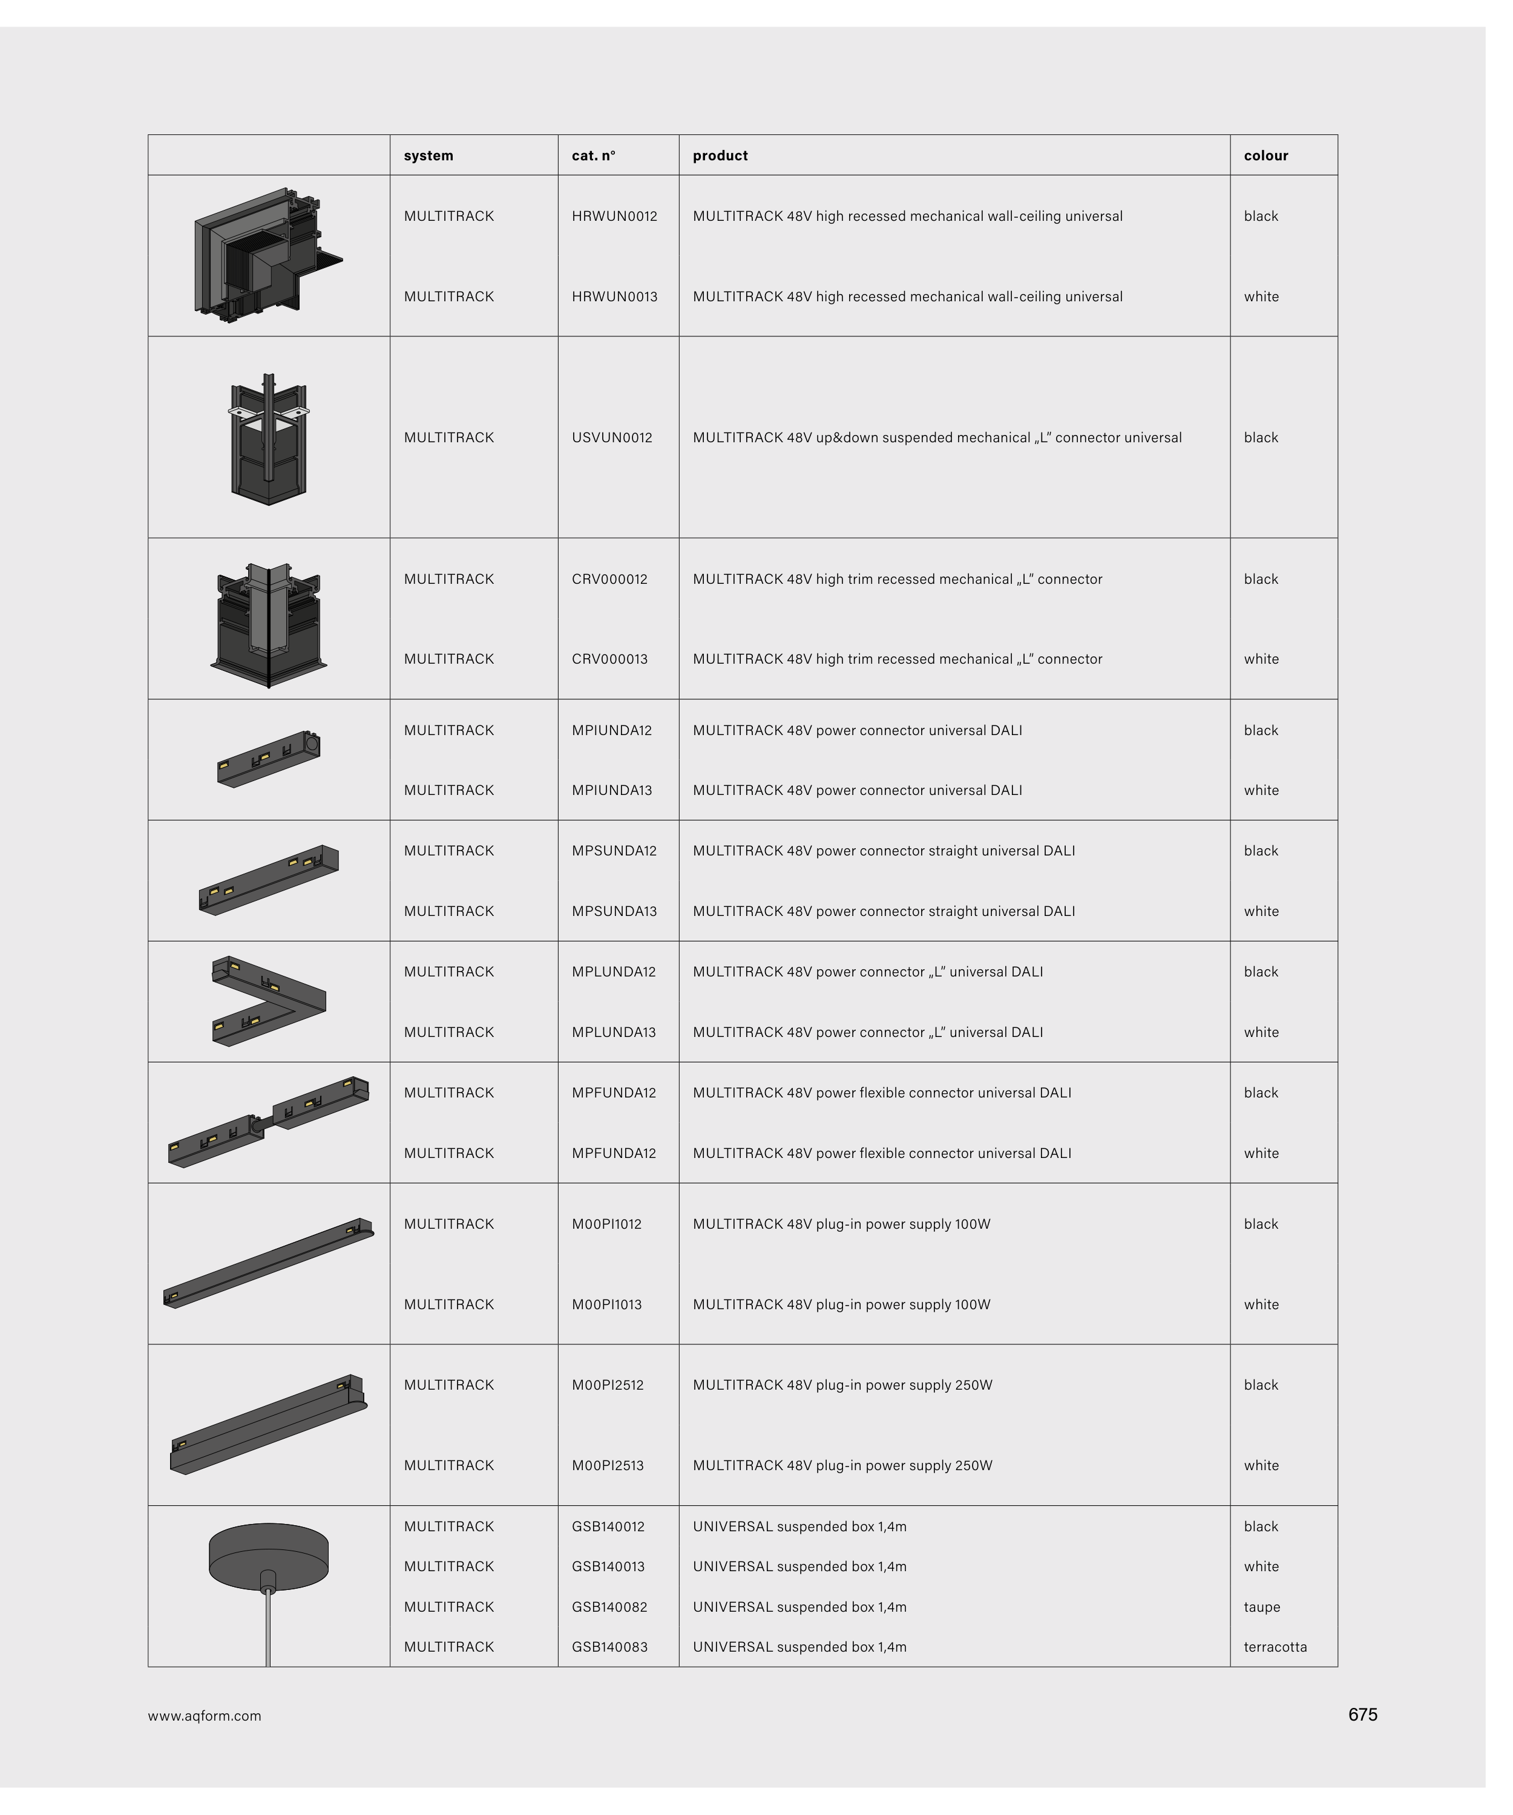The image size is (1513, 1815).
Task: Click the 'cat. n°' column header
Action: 593,155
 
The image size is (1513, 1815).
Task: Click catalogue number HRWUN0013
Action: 614,296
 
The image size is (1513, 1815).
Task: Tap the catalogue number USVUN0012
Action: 611,437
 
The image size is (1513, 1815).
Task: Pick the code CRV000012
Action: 609,579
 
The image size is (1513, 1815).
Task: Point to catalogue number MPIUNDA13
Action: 611,790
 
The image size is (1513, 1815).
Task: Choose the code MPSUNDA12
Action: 614,851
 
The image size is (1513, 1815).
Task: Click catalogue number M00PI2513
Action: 607,1465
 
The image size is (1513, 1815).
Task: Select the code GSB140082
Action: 609,1607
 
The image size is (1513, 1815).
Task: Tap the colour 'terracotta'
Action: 1275,1646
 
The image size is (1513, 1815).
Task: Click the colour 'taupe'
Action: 1261,1607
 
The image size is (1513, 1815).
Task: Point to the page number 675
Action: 1362,1715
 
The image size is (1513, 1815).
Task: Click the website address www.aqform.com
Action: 204,1716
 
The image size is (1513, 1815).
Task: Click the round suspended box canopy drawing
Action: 268,1555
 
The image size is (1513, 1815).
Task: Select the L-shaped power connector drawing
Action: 269,1001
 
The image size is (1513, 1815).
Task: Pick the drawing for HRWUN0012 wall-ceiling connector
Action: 268,255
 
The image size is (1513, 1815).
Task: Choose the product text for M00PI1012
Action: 841,1224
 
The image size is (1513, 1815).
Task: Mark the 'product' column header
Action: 720,155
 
